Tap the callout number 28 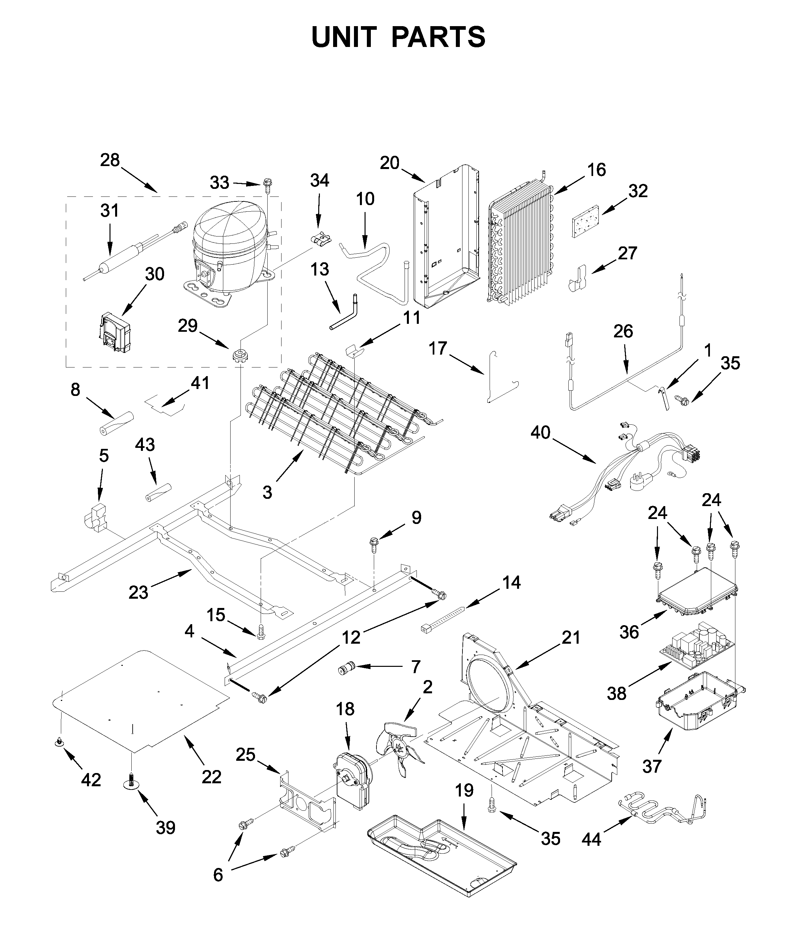coord(110,160)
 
